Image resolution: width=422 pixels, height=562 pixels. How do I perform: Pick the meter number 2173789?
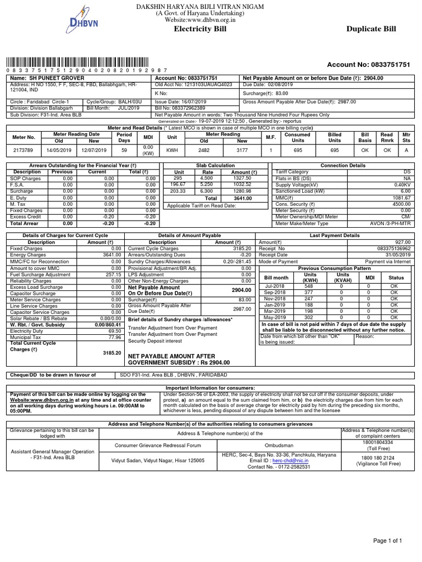(x=24, y=149)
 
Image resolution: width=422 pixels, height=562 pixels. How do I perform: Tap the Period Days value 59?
(x=124, y=149)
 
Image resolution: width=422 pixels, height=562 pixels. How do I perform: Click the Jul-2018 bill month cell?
(x=276, y=286)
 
